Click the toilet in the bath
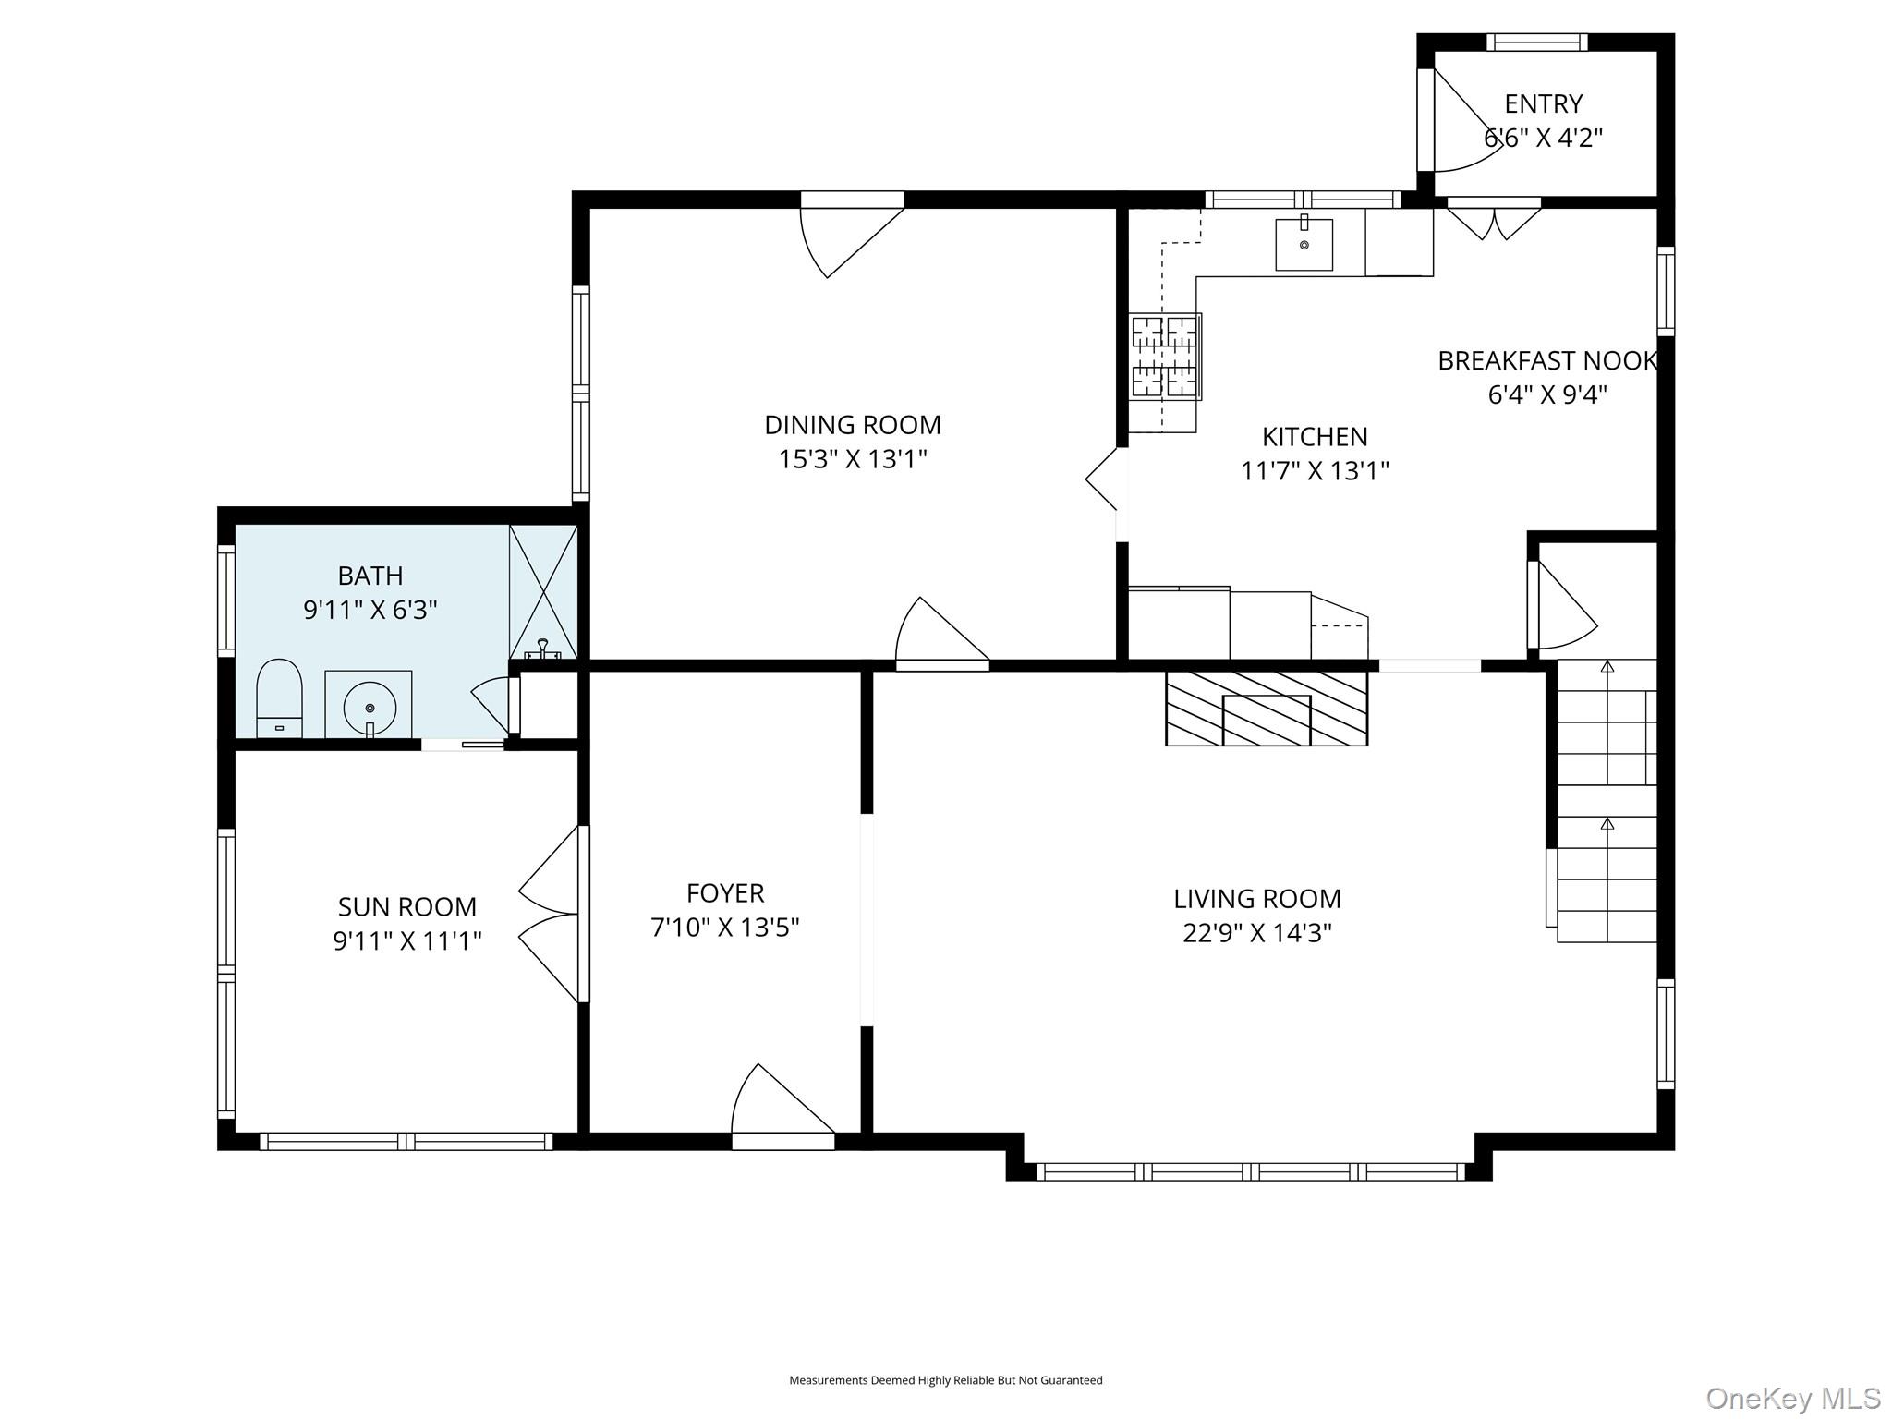[279, 698]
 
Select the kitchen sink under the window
[1304, 244]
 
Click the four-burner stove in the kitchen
[1166, 357]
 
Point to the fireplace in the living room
[1267, 709]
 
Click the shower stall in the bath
[543, 592]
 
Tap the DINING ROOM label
[853, 425]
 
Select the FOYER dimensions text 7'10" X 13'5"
[725, 927]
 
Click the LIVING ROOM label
[1257, 898]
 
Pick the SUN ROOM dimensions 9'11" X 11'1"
[407, 940]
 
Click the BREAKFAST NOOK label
[1547, 360]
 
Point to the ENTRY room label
[1543, 103]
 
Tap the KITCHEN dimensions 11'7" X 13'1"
[1315, 471]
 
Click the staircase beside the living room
[1607, 801]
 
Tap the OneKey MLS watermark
[1792, 1398]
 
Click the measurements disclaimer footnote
[946, 1380]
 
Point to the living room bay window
[1250, 1172]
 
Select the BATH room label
[370, 576]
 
